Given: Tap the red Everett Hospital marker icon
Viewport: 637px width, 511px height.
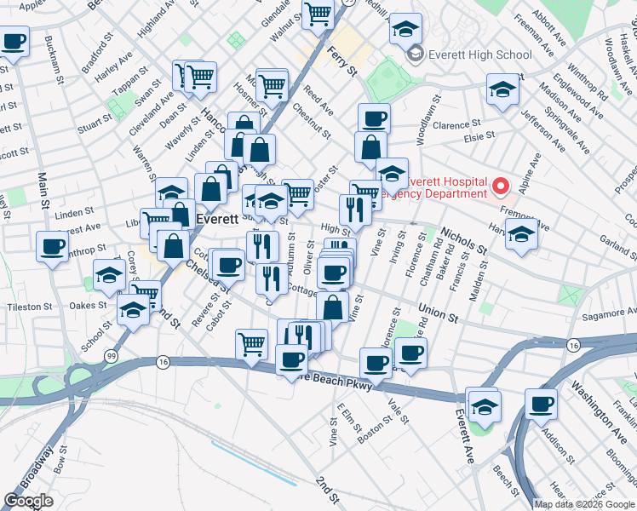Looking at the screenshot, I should pos(501,185).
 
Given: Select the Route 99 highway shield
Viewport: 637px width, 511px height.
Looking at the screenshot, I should pos(111,354).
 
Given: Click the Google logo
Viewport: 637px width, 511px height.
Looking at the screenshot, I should pos(28,501).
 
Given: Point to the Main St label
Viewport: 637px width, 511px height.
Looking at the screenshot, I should pos(42,195).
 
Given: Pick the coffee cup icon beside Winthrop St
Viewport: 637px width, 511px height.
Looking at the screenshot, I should pos(52,246).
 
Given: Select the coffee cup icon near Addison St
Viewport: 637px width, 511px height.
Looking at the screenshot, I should pos(541,404).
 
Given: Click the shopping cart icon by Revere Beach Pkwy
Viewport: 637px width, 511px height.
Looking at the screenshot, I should pos(251,343).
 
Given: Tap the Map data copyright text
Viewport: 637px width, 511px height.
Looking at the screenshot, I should pos(584,504).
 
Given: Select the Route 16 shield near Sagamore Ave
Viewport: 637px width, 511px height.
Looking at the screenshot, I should pos(574,345).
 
